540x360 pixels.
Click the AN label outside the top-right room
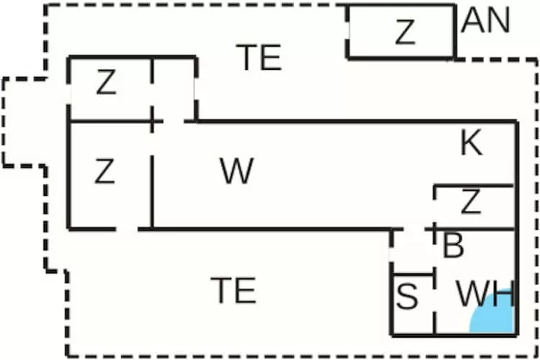486,22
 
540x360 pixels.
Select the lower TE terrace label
235,290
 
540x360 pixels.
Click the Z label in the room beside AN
405,32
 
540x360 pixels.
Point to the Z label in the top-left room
106,84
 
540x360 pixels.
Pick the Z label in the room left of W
105,172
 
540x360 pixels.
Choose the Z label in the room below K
470,204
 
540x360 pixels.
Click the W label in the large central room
237,172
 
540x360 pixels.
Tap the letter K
471,145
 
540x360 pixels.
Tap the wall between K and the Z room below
473,186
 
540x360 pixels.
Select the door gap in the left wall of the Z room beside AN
347,33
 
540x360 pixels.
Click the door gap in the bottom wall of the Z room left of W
127,230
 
